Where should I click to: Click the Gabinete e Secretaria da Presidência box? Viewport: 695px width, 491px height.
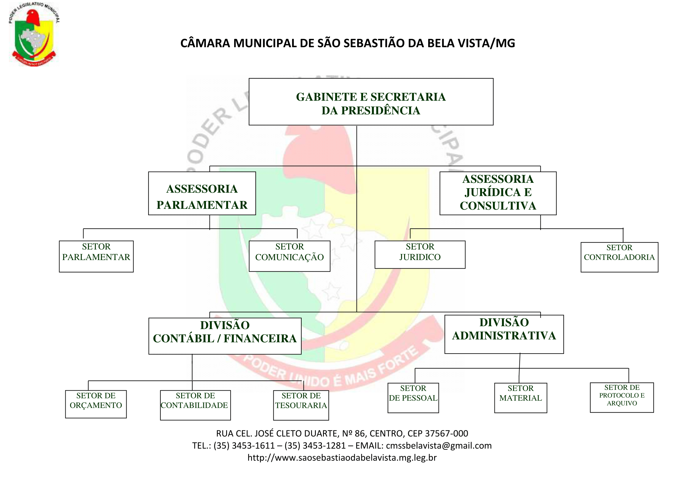tap(371, 102)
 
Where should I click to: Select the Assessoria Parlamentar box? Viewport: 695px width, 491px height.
tap(202, 194)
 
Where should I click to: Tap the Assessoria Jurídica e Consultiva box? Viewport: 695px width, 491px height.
tap(498, 193)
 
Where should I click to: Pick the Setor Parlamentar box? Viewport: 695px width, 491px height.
tap(96, 256)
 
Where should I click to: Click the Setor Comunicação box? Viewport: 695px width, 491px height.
tap(289, 256)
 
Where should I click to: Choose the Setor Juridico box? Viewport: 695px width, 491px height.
tap(420, 255)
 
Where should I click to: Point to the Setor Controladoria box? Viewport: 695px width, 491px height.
tap(619, 257)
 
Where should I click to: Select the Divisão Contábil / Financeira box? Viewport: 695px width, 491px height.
tap(225, 336)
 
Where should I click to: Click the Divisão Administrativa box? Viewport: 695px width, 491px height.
tap(504, 334)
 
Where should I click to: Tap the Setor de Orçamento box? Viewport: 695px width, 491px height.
tap(96, 404)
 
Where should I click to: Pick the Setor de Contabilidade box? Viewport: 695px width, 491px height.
tap(195, 405)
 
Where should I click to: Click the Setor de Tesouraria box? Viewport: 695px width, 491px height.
tap(301, 405)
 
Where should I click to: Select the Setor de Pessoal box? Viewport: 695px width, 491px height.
tap(413, 398)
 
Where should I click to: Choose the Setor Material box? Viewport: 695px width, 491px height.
tap(521, 398)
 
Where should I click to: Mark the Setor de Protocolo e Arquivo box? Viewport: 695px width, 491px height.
tap(622, 397)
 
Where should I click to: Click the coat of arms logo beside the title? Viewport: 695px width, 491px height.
tap(34, 34)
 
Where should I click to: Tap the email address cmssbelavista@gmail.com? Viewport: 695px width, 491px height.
tap(439, 446)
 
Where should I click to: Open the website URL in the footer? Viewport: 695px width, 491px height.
tap(342, 458)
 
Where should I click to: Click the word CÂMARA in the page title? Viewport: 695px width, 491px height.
tap(205, 43)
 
